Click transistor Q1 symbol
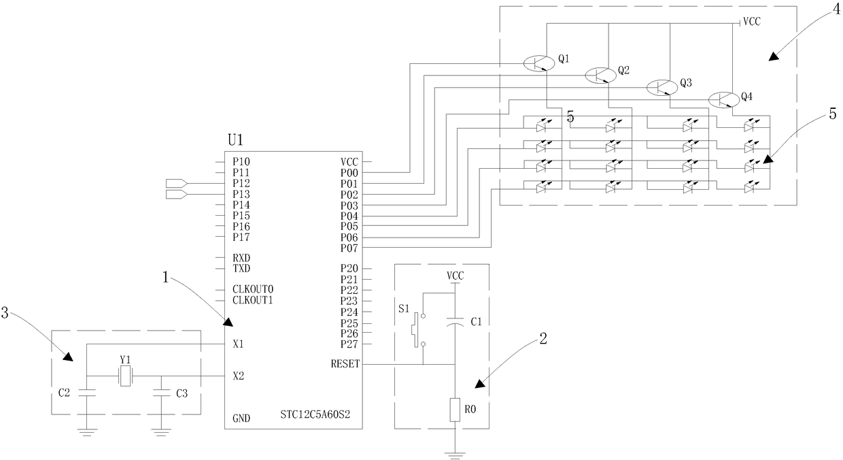tap(539, 63)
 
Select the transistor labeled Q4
tap(724, 100)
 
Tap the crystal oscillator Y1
tap(125, 376)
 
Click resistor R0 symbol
tap(455, 410)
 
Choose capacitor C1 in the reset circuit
tap(455, 321)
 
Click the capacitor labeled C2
tap(87, 393)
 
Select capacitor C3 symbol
tap(161, 393)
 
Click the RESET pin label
tap(345, 364)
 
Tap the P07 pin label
tap(349, 248)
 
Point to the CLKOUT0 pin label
tap(252, 289)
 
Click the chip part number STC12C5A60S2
tap(315, 415)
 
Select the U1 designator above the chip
tap(236, 140)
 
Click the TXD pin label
tap(241, 269)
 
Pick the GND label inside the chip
tap(241, 418)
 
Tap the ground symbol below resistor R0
tap(455, 455)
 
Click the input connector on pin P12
tap(177, 184)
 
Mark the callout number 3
tap(5, 313)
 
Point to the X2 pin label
tap(238, 376)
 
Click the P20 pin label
tap(349, 269)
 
